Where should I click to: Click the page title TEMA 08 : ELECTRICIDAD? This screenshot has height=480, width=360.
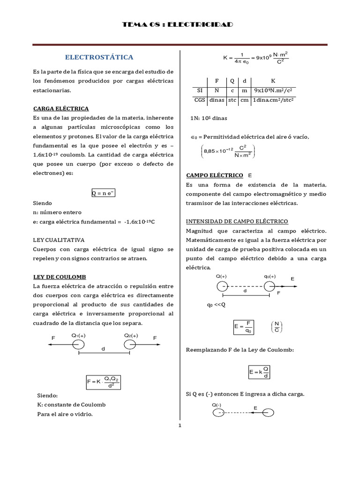pos(177,24)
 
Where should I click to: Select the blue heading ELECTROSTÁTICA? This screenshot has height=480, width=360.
pos(99,57)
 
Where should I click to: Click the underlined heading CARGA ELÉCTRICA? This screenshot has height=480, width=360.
pos(61,108)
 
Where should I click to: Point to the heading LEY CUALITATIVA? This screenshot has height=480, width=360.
pos(59,240)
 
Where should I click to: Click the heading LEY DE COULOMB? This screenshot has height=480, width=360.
pos(60,277)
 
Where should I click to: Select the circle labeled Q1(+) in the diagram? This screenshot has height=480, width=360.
pos(78,345)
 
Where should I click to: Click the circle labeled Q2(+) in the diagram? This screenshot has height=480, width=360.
pos(131,345)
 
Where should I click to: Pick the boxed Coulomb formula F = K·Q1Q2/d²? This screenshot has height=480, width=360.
pos(103,382)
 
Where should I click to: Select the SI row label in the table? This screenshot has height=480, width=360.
pos(200,90)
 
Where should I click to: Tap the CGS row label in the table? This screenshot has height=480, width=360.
pos(200,100)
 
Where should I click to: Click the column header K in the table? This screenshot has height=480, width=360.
pos(274,81)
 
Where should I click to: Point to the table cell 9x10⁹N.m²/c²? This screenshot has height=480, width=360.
pos(274,90)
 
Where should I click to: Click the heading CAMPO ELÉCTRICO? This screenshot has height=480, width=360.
pos(215,175)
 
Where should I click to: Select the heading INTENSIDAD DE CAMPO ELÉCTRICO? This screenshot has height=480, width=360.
pos(237,221)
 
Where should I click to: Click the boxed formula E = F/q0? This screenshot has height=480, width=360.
pos(244,327)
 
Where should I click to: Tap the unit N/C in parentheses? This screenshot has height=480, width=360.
pos(277,327)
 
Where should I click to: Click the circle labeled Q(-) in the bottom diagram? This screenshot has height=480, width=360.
pos(218,412)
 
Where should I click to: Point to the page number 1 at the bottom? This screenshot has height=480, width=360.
pos(180,426)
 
